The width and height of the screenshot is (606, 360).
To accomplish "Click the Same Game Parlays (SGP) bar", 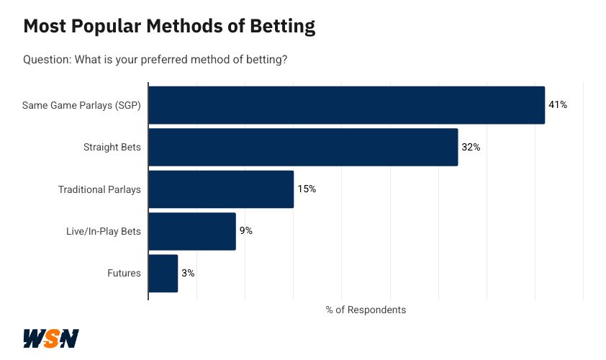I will (346, 105).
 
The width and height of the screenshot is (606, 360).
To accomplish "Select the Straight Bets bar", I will (303, 147).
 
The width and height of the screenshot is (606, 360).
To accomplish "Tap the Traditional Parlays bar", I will (221, 189).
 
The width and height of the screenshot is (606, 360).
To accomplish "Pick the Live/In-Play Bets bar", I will (192, 231).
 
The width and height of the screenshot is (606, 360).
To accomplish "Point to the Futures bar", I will (163, 273).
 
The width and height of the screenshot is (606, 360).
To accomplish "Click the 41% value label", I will (558, 105).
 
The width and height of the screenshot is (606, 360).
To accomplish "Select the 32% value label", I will (471, 147).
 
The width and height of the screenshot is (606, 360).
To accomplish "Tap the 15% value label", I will (307, 189).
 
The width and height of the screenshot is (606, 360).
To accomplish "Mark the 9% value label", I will (246, 231).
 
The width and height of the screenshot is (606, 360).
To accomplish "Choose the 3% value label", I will (189, 273).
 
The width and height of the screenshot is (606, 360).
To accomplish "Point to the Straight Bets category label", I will (112, 147).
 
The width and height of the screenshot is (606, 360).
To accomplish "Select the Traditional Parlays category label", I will (99, 189).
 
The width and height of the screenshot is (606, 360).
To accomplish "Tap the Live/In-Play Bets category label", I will (104, 231).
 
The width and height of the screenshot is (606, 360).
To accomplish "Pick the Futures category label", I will (125, 273).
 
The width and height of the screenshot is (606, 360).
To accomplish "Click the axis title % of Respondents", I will (366, 310).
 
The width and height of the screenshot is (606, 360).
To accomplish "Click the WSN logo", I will (50, 338).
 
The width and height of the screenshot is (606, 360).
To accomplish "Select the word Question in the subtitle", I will (46, 59).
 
